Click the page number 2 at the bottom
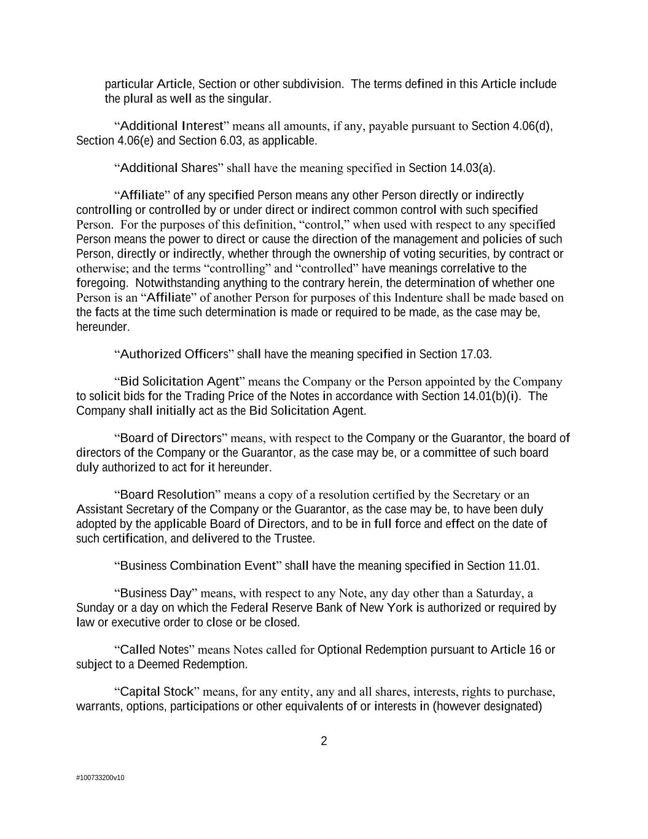324,741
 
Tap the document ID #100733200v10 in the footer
100,778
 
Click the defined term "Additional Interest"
171,126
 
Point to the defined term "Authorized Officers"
174,354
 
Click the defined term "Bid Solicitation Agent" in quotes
179,382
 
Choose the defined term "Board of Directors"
170,438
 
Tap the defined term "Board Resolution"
167,495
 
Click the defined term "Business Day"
155,593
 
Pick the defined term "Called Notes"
154,650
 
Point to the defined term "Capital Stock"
157,692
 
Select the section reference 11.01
523,565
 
